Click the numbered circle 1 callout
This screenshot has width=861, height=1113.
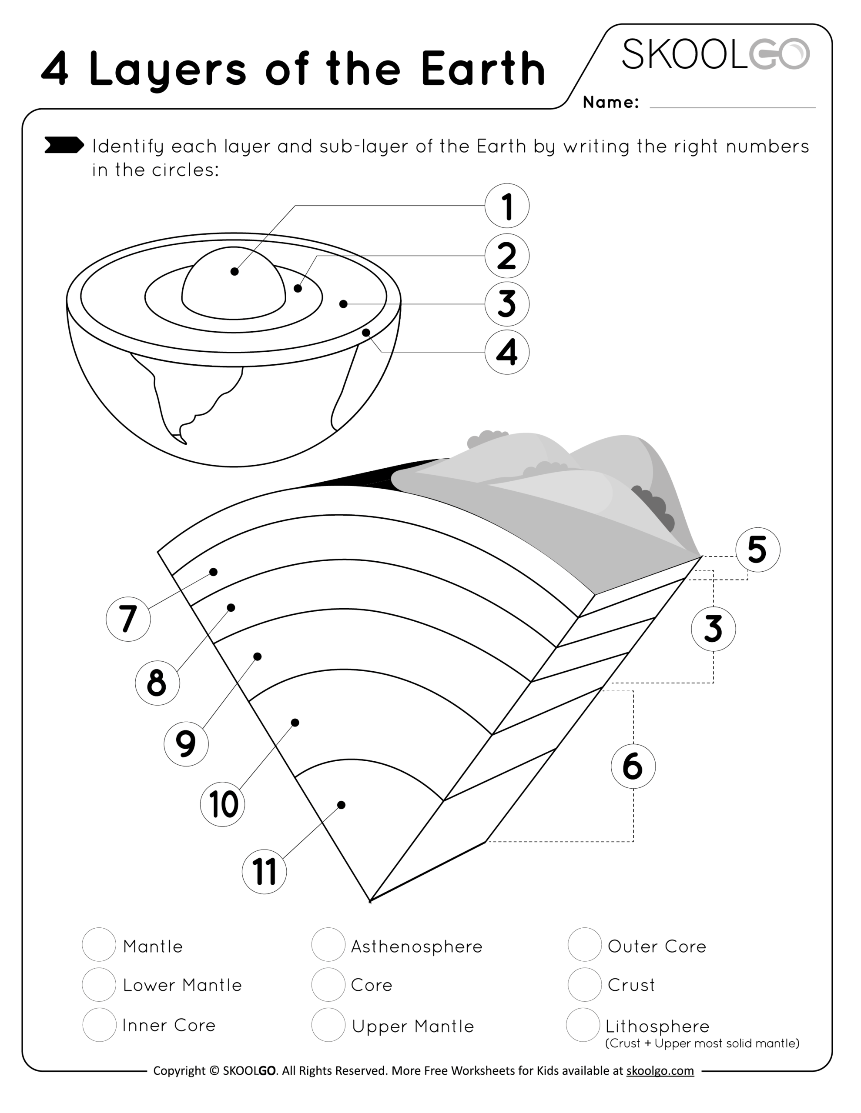tap(506, 206)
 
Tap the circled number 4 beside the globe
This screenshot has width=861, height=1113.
tap(506, 352)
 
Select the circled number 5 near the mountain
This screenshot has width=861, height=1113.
tap(757, 550)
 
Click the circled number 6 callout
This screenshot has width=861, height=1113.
tap(633, 766)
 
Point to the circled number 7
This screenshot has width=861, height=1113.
tap(128, 619)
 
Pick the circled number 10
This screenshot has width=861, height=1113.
tap(222, 804)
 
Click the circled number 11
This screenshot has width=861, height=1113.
tap(264, 871)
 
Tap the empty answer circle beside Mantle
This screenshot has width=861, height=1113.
tap(99, 944)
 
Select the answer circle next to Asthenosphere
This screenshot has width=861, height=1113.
tap(328, 944)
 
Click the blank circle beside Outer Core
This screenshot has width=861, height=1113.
tap(585, 944)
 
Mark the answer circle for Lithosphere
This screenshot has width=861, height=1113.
tap(583, 1024)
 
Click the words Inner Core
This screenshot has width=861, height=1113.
tap(169, 1025)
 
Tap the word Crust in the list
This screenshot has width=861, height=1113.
tap(631, 985)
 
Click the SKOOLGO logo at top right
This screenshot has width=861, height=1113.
tap(715, 54)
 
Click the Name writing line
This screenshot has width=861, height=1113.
tap(733, 104)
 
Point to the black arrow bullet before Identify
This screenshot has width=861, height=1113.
tap(64, 145)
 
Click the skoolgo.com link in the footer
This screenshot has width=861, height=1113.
tap(660, 1071)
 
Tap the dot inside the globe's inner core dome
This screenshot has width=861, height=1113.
tap(235, 272)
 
